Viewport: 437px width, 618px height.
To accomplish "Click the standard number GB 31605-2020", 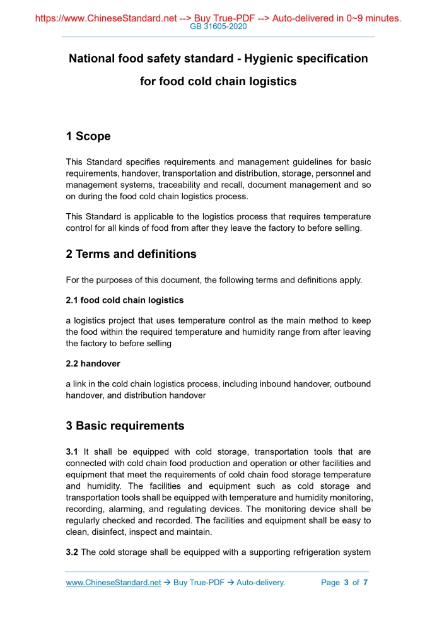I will [x=218, y=27].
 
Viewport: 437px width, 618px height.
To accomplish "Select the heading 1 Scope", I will [x=88, y=136].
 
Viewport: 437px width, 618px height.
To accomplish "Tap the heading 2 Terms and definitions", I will [x=131, y=254].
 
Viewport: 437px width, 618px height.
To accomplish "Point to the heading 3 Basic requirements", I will [x=125, y=426].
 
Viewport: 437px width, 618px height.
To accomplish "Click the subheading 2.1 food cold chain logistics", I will [x=125, y=300].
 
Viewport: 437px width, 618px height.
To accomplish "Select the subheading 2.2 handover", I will [x=93, y=364].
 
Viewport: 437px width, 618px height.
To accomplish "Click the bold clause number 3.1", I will [x=73, y=452].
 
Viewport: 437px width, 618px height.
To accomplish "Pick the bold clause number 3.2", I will [x=73, y=552].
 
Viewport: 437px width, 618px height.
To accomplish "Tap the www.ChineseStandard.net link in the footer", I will [x=114, y=583].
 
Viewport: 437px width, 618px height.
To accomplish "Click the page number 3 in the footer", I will [x=346, y=583].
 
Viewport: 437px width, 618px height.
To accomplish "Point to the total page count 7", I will [x=365, y=583].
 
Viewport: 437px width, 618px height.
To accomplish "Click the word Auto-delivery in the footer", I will [x=260, y=583].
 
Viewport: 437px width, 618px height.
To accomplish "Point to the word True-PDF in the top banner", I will [x=228, y=18].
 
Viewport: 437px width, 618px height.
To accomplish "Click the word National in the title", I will [x=91, y=59].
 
